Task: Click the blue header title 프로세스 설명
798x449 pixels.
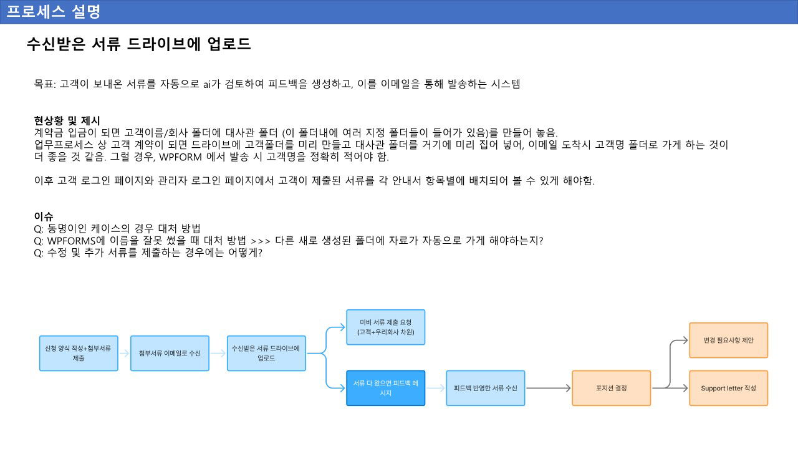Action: pyautogui.click(x=53, y=11)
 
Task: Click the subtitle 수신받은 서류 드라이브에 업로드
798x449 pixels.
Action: pyautogui.click(x=138, y=44)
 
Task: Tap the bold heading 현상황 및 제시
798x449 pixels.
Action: pyautogui.click(x=67, y=120)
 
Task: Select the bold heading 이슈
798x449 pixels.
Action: pyautogui.click(x=44, y=216)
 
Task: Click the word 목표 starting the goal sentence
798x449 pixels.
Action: pyautogui.click(x=44, y=84)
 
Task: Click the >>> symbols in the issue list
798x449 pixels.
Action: pyautogui.click(x=261, y=241)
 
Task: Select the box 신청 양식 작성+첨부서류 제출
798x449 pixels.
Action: pyautogui.click(x=79, y=353)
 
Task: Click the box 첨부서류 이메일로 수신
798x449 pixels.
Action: pyautogui.click(x=170, y=353)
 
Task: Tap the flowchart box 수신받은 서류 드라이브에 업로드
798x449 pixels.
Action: pyautogui.click(x=266, y=353)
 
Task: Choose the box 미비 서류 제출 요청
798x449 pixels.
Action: pyautogui.click(x=385, y=327)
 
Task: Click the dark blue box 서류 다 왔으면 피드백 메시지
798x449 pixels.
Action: pyautogui.click(x=385, y=388)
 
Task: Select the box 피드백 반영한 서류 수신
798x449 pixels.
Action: pyautogui.click(x=485, y=388)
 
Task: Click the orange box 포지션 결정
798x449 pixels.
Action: pyautogui.click(x=611, y=388)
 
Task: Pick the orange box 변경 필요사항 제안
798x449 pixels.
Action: pyautogui.click(x=728, y=340)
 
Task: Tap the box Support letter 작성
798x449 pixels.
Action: pyautogui.click(x=728, y=388)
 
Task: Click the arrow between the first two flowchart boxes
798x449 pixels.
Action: pyautogui.click(x=124, y=353)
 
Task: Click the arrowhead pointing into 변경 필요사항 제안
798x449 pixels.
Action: pyautogui.click(x=685, y=340)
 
